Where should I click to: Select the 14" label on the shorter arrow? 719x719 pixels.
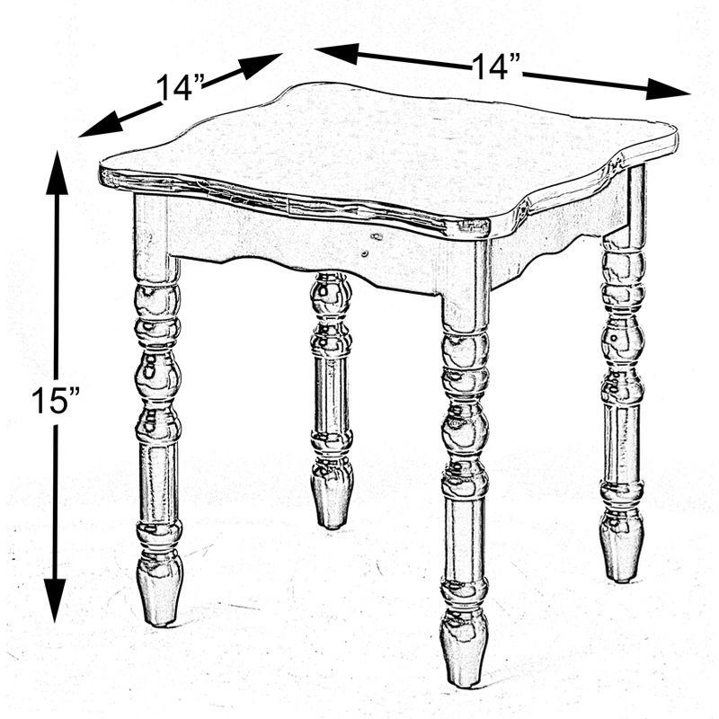click(181, 87)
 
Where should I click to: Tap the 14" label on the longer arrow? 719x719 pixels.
click(497, 67)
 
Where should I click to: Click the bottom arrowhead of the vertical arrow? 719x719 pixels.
click(56, 600)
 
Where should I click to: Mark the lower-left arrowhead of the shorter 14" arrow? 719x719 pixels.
click(97, 129)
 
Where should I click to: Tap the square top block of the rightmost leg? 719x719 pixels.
click(626, 211)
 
